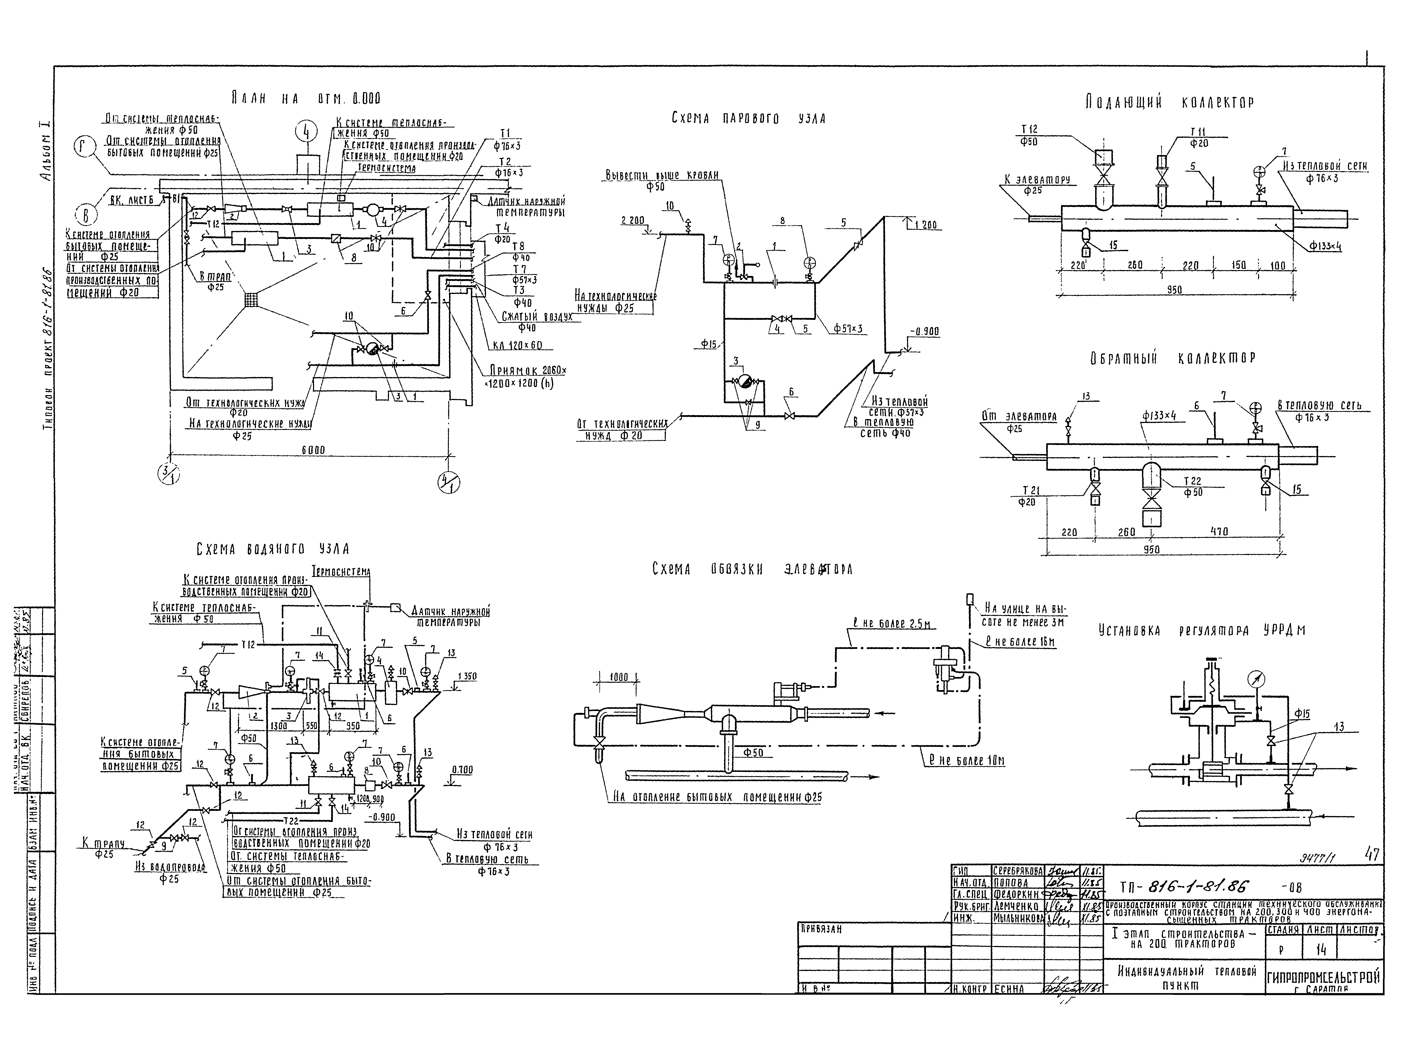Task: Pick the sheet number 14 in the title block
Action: (1320, 950)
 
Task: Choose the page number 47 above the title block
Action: (1372, 855)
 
